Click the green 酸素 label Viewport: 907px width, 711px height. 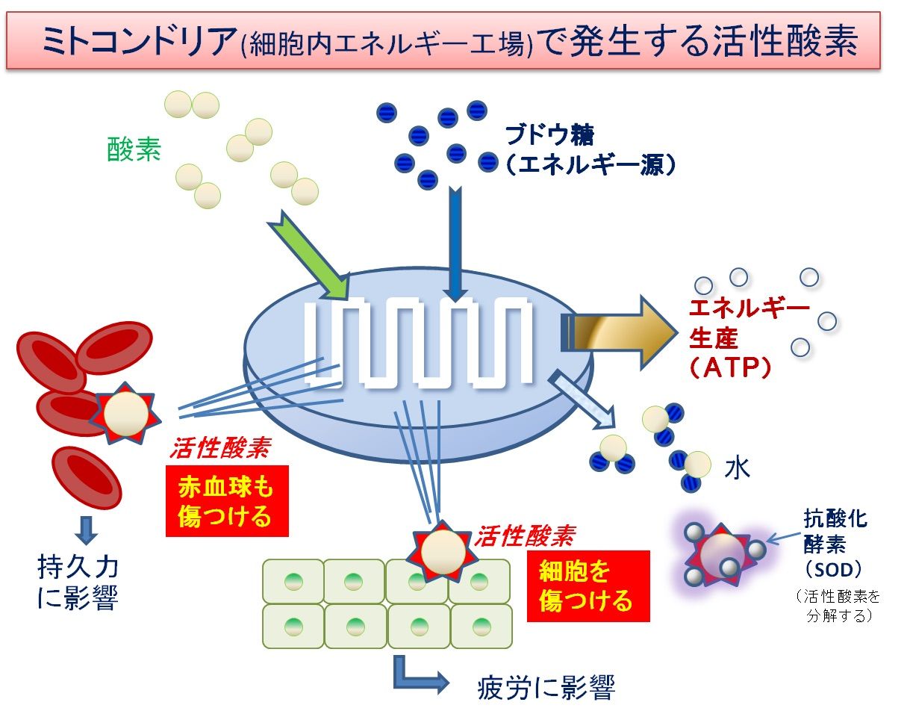click(x=134, y=149)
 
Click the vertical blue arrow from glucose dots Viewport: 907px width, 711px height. click(x=455, y=243)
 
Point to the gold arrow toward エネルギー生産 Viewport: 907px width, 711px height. click(x=620, y=333)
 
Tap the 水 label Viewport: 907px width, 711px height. click(x=737, y=469)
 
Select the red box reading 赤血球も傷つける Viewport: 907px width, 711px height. click(x=227, y=501)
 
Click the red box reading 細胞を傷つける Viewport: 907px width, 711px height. click(x=588, y=586)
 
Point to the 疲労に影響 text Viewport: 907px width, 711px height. click(x=546, y=688)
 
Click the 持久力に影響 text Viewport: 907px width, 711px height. click(x=78, y=583)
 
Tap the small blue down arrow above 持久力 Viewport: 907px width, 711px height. click(x=86, y=530)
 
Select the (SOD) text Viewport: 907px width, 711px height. click(x=832, y=568)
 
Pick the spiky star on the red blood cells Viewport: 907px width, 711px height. click(x=125, y=414)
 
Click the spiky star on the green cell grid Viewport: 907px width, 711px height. click(x=443, y=552)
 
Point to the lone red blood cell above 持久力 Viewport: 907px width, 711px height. click(x=87, y=478)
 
